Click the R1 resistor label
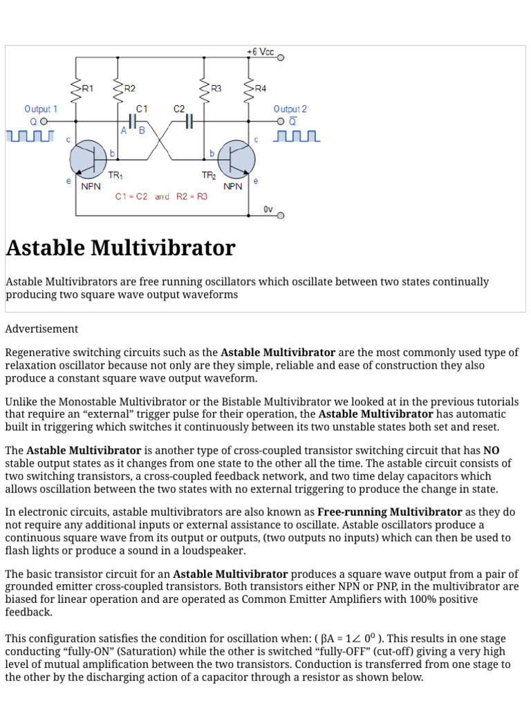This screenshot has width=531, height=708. [x=88, y=88]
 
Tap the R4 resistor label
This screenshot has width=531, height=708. [x=260, y=88]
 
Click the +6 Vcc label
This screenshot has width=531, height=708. [x=260, y=53]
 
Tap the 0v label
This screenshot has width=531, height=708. [x=268, y=209]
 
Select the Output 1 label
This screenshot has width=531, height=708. [x=41, y=109]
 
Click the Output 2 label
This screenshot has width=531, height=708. [x=290, y=109]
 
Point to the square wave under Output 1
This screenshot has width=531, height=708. [x=30, y=136]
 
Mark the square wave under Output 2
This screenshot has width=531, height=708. [x=297, y=136]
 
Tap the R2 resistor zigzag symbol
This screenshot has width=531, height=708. [x=118, y=88]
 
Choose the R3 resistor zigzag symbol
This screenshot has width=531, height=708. [x=205, y=88]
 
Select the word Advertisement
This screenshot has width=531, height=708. [x=41, y=329]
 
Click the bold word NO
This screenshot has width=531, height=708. [x=491, y=450]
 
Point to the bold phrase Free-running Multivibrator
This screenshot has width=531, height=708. [x=389, y=512]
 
